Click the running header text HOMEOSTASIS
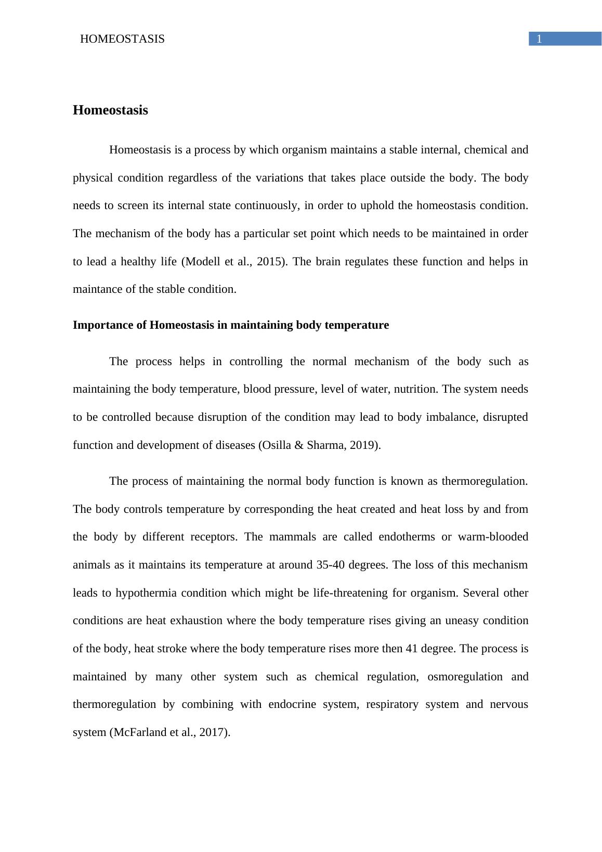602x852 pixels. (x=122, y=39)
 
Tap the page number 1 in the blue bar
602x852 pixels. (x=540, y=39)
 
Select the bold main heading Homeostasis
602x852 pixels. (x=110, y=110)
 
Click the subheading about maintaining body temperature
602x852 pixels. (x=231, y=325)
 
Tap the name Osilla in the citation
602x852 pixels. (x=276, y=445)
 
